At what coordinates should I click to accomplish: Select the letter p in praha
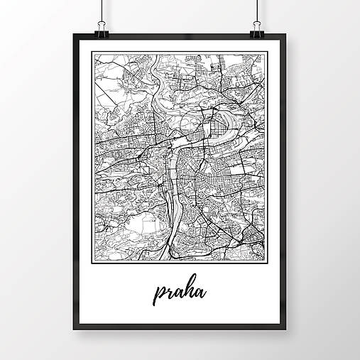click(x=158, y=293)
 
